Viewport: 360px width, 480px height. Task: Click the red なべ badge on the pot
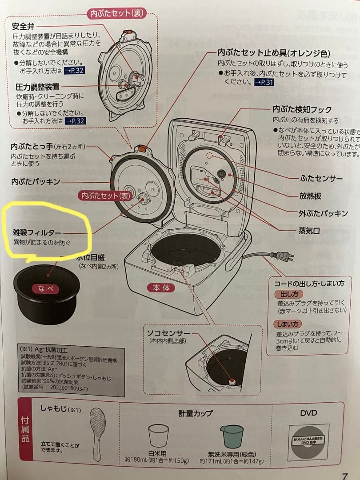(45, 288)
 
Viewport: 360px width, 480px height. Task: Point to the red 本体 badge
(161, 288)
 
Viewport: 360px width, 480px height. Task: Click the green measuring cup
(232, 436)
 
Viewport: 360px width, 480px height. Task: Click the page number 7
(344, 475)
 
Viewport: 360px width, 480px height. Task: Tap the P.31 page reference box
(264, 83)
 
